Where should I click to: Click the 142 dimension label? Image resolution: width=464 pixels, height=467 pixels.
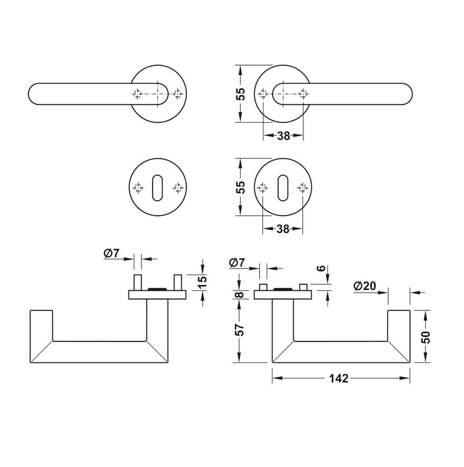(339, 378)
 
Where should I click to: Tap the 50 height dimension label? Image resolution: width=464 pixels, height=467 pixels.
(426, 337)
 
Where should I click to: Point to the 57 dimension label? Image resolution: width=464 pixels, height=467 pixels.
(240, 330)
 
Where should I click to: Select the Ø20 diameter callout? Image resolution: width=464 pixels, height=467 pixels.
(365, 286)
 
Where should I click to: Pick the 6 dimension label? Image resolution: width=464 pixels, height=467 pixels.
(321, 268)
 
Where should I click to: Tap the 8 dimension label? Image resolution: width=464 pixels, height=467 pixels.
(240, 294)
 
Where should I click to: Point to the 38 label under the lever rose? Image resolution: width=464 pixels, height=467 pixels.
(284, 136)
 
